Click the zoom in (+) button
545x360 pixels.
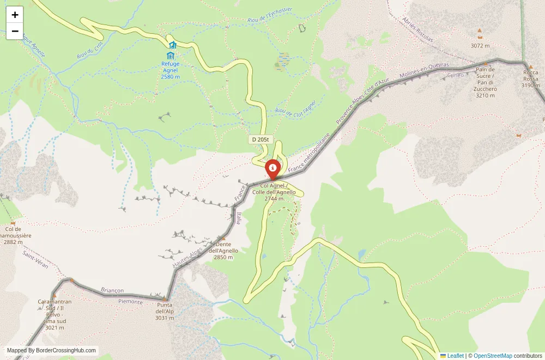(15, 15)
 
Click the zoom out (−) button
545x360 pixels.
(15, 31)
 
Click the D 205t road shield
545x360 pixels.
(261, 139)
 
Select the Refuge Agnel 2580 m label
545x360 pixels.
(170, 70)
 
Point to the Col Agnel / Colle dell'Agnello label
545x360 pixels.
(274, 192)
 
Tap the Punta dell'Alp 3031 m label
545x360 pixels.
(165, 311)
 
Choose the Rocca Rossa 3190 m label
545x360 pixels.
(530, 79)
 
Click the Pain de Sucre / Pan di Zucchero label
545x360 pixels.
(485, 82)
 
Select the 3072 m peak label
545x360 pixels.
(480, 46)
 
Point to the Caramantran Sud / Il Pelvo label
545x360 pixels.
(55, 314)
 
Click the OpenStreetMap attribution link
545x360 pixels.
(493, 356)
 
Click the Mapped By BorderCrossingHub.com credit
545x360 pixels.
(52, 351)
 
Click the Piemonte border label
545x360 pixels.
(130, 301)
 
